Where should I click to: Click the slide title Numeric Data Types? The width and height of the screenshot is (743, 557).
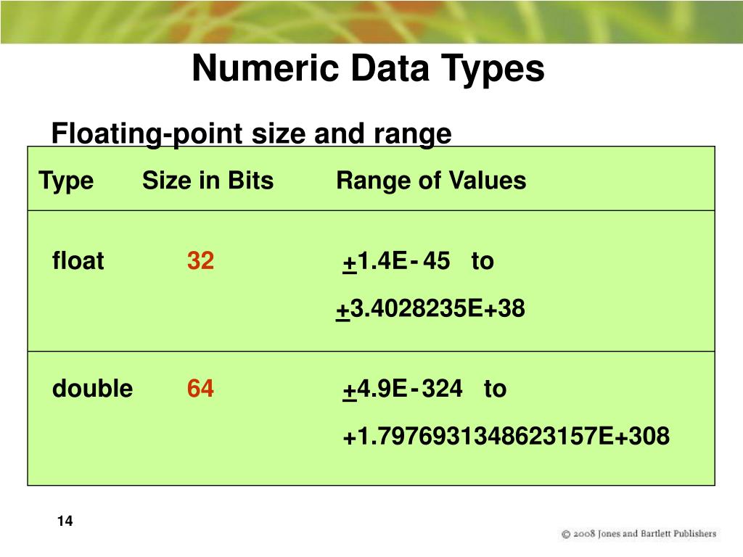click(x=368, y=70)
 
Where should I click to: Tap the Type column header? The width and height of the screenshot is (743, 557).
click(x=66, y=181)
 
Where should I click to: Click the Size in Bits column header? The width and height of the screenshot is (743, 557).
click(x=208, y=181)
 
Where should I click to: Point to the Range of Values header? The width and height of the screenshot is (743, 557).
click(x=431, y=181)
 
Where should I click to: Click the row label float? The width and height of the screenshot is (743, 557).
click(x=78, y=261)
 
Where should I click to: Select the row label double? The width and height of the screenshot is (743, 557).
click(x=92, y=389)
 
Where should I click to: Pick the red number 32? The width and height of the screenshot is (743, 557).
click(x=200, y=261)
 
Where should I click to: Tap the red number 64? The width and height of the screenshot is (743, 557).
click(x=200, y=389)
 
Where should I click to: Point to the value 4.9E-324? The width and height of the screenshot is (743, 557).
click(x=409, y=389)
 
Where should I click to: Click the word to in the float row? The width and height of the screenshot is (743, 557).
click(x=483, y=261)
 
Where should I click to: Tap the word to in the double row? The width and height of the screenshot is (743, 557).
click(x=495, y=389)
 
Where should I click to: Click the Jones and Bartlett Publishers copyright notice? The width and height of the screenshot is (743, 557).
click(x=639, y=534)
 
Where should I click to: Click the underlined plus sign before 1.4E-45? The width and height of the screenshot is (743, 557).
click(x=349, y=262)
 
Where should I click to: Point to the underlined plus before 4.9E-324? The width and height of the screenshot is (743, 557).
click(x=349, y=389)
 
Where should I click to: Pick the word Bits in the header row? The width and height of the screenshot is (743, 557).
click(x=250, y=181)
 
